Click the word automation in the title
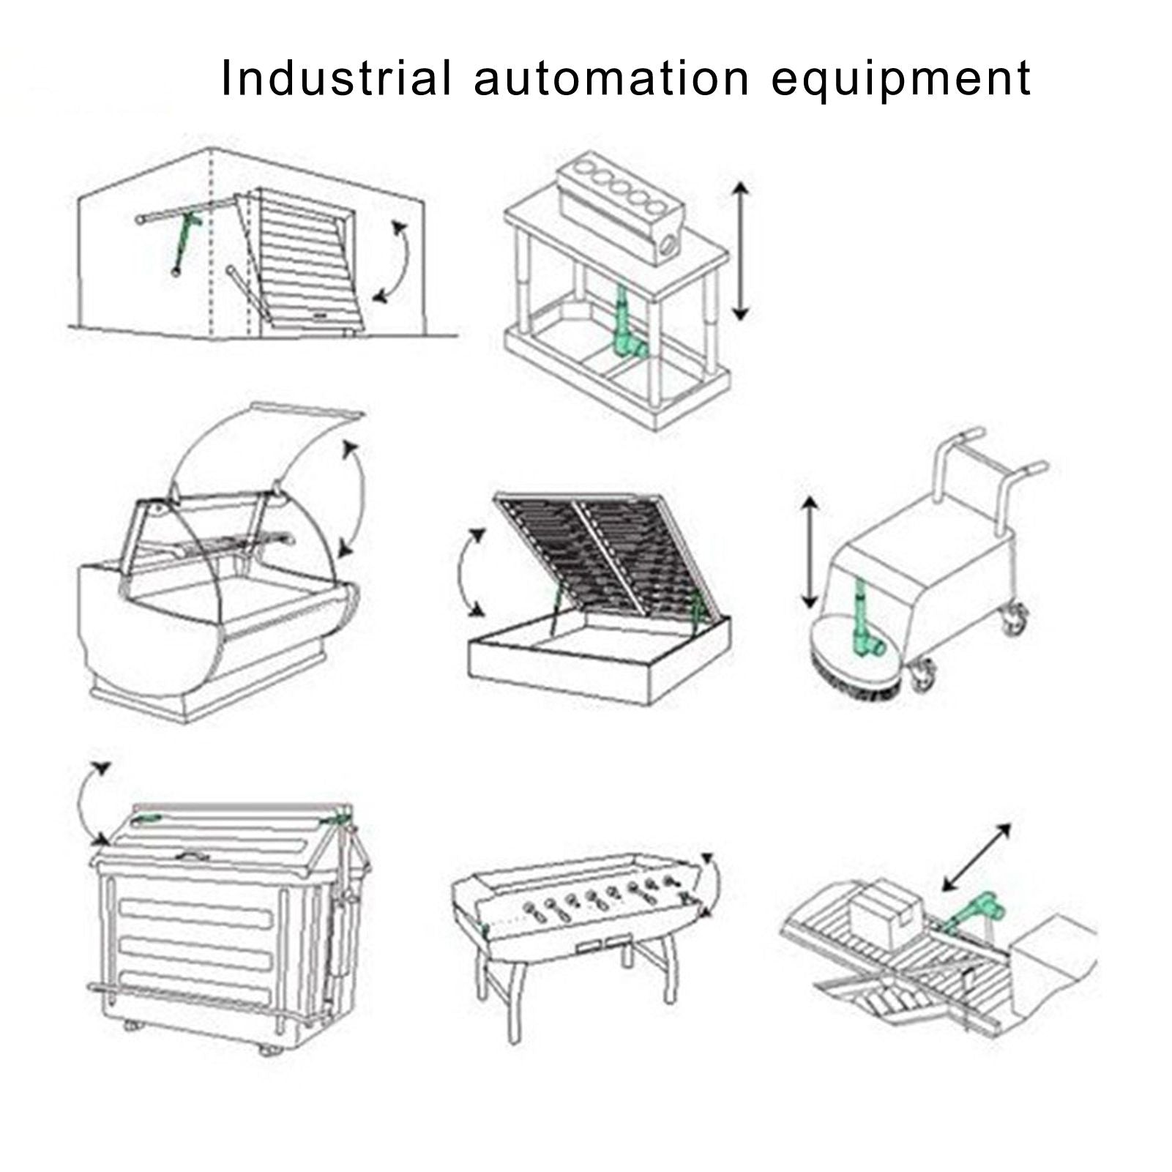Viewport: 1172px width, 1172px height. (x=611, y=78)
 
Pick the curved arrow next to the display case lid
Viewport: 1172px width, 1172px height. (x=361, y=498)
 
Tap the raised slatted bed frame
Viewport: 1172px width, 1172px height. (x=597, y=553)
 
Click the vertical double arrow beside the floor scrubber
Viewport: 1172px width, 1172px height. (x=809, y=552)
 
